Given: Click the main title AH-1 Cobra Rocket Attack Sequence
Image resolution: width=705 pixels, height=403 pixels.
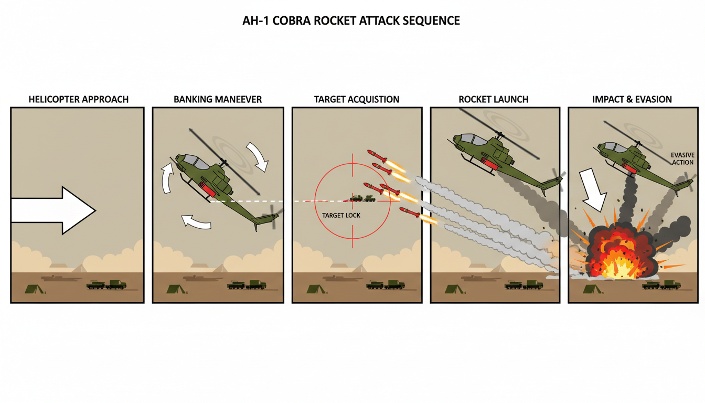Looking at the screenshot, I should point(352,21).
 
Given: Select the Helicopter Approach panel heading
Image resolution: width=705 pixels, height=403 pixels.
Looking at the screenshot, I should point(79,99).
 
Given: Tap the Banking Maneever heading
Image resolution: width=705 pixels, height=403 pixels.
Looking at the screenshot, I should point(218,99).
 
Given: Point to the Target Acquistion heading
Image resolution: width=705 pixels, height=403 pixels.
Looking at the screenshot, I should point(356,99).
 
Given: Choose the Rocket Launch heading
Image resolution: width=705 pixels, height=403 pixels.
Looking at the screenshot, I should point(494,99).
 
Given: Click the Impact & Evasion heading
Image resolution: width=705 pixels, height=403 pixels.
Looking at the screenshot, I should point(632,99).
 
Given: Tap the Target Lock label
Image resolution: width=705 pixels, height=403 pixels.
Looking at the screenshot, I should point(341,215).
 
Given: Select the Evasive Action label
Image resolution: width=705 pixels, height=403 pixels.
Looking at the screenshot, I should point(682,158).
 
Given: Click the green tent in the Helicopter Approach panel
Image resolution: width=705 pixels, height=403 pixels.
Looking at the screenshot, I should point(33,288).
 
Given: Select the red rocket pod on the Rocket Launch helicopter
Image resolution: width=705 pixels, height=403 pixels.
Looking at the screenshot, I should point(491,163).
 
